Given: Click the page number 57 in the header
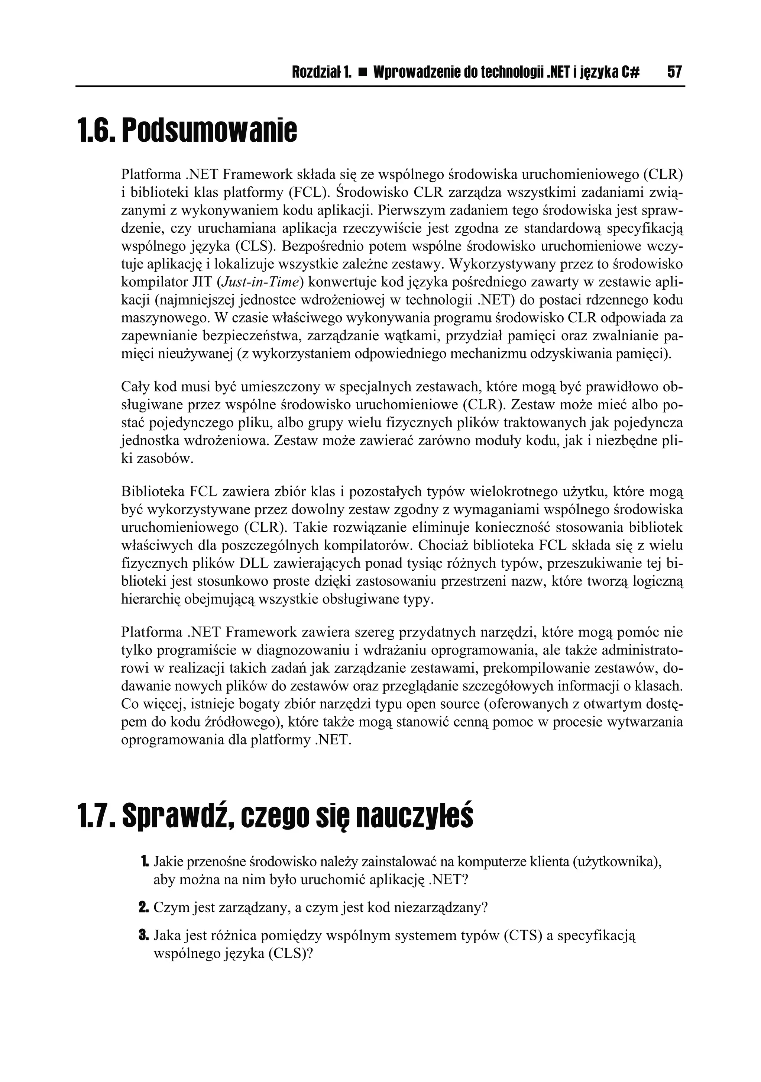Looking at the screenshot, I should (674, 72).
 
